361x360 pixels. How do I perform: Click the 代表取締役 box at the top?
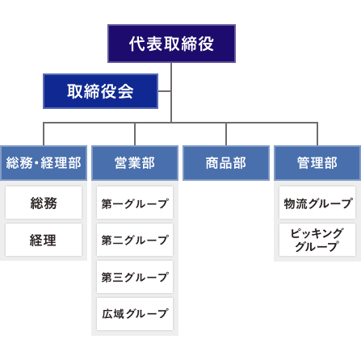pyautogui.click(x=171, y=44)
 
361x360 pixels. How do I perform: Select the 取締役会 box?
pyautogui.click(x=100, y=90)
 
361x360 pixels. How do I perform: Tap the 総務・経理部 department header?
pyautogui.click(x=43, y=162)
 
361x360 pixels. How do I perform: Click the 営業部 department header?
pyautogui.click(x=134, y=162)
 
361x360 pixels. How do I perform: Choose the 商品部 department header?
pyautogui.click(x=225, y=162)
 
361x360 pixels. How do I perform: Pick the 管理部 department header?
pyautogui.click(x=317, y=162)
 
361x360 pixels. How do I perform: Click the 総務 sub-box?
pyautogui.click(x=43, y=203)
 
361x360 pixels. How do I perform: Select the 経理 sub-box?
pyautogui.click(x=43, y=241)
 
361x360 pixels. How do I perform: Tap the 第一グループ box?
pyautogui.click(x=134, y=203)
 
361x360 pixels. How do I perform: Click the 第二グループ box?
pyautogui.click(x=134, y=241)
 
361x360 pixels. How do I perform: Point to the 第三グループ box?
pyautogui.click(x=134, y=277)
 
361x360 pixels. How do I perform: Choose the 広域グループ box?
pyautogui.click(x=134, y=313)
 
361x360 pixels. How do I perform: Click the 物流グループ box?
pyautogui.click(x=317, y=203)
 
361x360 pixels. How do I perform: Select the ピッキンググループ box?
pyautogui.click(x=317, y=240)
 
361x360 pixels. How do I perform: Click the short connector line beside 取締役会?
pyautogui.click(x=165, y=90)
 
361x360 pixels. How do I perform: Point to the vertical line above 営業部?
pyautogui.click(x=135, y=134)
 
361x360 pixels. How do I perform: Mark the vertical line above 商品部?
pyautogui.click(x=226, y=134)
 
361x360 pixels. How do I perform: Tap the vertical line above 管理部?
pyautogui.click(x=317, y=134)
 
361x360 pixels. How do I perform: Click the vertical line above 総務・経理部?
pyautogui.click(x=44, y=134)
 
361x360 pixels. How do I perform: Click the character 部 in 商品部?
pyautogui.click(x=239, y=162)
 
